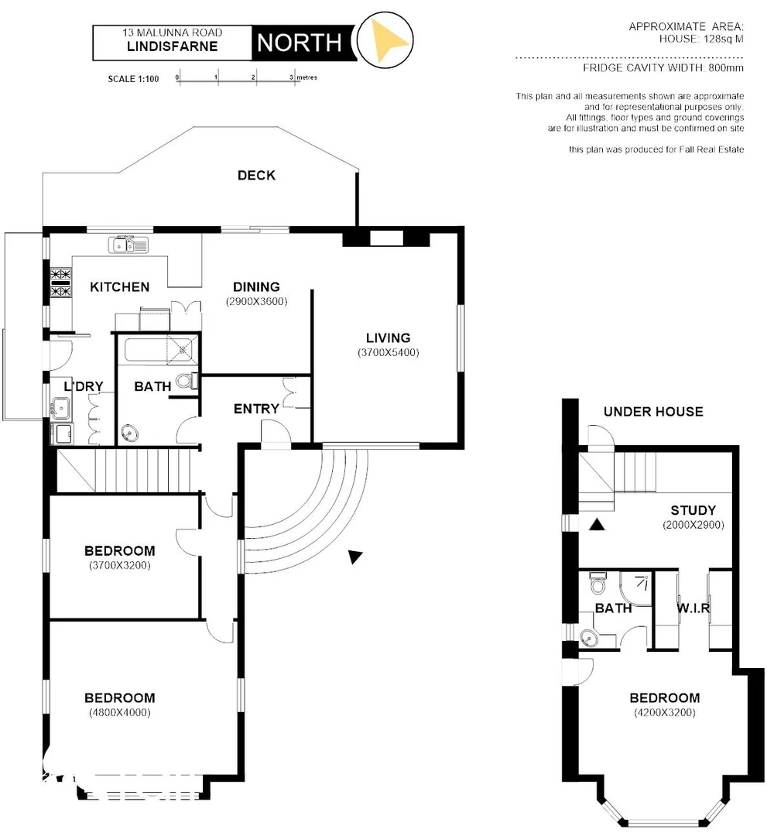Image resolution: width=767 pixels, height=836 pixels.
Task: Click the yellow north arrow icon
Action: click(x=389, y=40)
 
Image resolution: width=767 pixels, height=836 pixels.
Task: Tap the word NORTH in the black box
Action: click(x=299, y=43)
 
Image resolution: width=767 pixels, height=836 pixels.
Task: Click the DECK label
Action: click(x=256, y=176)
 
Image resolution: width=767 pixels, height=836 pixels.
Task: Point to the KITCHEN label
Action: click(x=120, y=287)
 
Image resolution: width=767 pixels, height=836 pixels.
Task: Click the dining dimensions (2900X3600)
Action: click(x=256, y=301)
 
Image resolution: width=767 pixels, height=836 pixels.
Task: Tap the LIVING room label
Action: click(x=389, y=338)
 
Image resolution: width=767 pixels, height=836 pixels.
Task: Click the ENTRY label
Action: click(x=256, y=409)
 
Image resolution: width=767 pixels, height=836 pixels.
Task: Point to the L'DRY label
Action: click(x=84, y=386)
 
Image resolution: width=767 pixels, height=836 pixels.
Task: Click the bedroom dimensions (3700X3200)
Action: click(x=119, y=565)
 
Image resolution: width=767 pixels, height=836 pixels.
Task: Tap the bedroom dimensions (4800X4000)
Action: click(x=119, y=712)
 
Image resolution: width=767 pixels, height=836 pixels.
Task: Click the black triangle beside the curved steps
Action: click(x=354, y=557)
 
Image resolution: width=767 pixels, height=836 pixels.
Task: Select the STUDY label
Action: click(x=693, y=511)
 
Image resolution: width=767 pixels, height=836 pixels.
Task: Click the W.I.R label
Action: click(x=693, y=608)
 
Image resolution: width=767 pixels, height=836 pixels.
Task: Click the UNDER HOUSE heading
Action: click(x=653, y=412)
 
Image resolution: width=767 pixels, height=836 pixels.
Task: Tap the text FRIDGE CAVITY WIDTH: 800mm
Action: click(x=663, y=68)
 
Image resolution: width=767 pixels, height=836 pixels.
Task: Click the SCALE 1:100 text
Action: click(x=133, y=78)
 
